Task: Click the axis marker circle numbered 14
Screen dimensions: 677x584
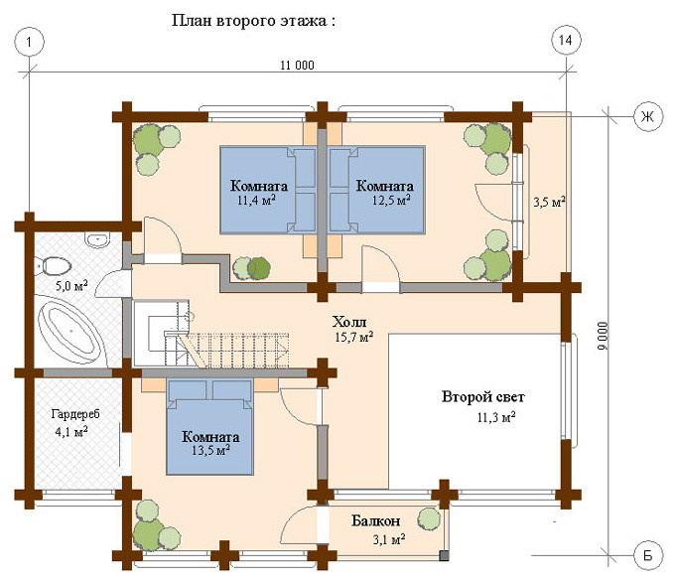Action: (566, 40)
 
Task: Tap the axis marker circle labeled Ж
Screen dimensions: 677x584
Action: (648, 116)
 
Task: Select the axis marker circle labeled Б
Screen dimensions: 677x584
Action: (648, 555)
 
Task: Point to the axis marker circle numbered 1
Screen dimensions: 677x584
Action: (29, 42)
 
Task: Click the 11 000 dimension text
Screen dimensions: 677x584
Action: (297, 66)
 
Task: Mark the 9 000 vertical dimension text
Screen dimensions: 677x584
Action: (603, 336)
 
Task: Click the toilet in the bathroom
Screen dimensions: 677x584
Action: (53, 266)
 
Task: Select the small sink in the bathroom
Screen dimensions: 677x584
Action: (97, 239)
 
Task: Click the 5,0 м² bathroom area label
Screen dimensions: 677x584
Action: (71, 285)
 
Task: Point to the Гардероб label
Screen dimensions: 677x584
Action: (75, 414)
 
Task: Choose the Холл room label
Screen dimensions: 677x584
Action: (349, 322)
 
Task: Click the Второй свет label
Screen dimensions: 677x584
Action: (482, 396)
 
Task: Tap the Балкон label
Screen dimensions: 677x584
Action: (375, 521)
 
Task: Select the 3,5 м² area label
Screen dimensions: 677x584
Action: (550, 202)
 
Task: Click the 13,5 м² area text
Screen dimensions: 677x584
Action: (210, 450)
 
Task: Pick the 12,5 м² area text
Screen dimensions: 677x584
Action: (391, 200)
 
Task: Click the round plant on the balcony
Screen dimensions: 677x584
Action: (430, 519)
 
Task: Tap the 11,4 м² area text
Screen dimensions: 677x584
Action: (256, 200)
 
